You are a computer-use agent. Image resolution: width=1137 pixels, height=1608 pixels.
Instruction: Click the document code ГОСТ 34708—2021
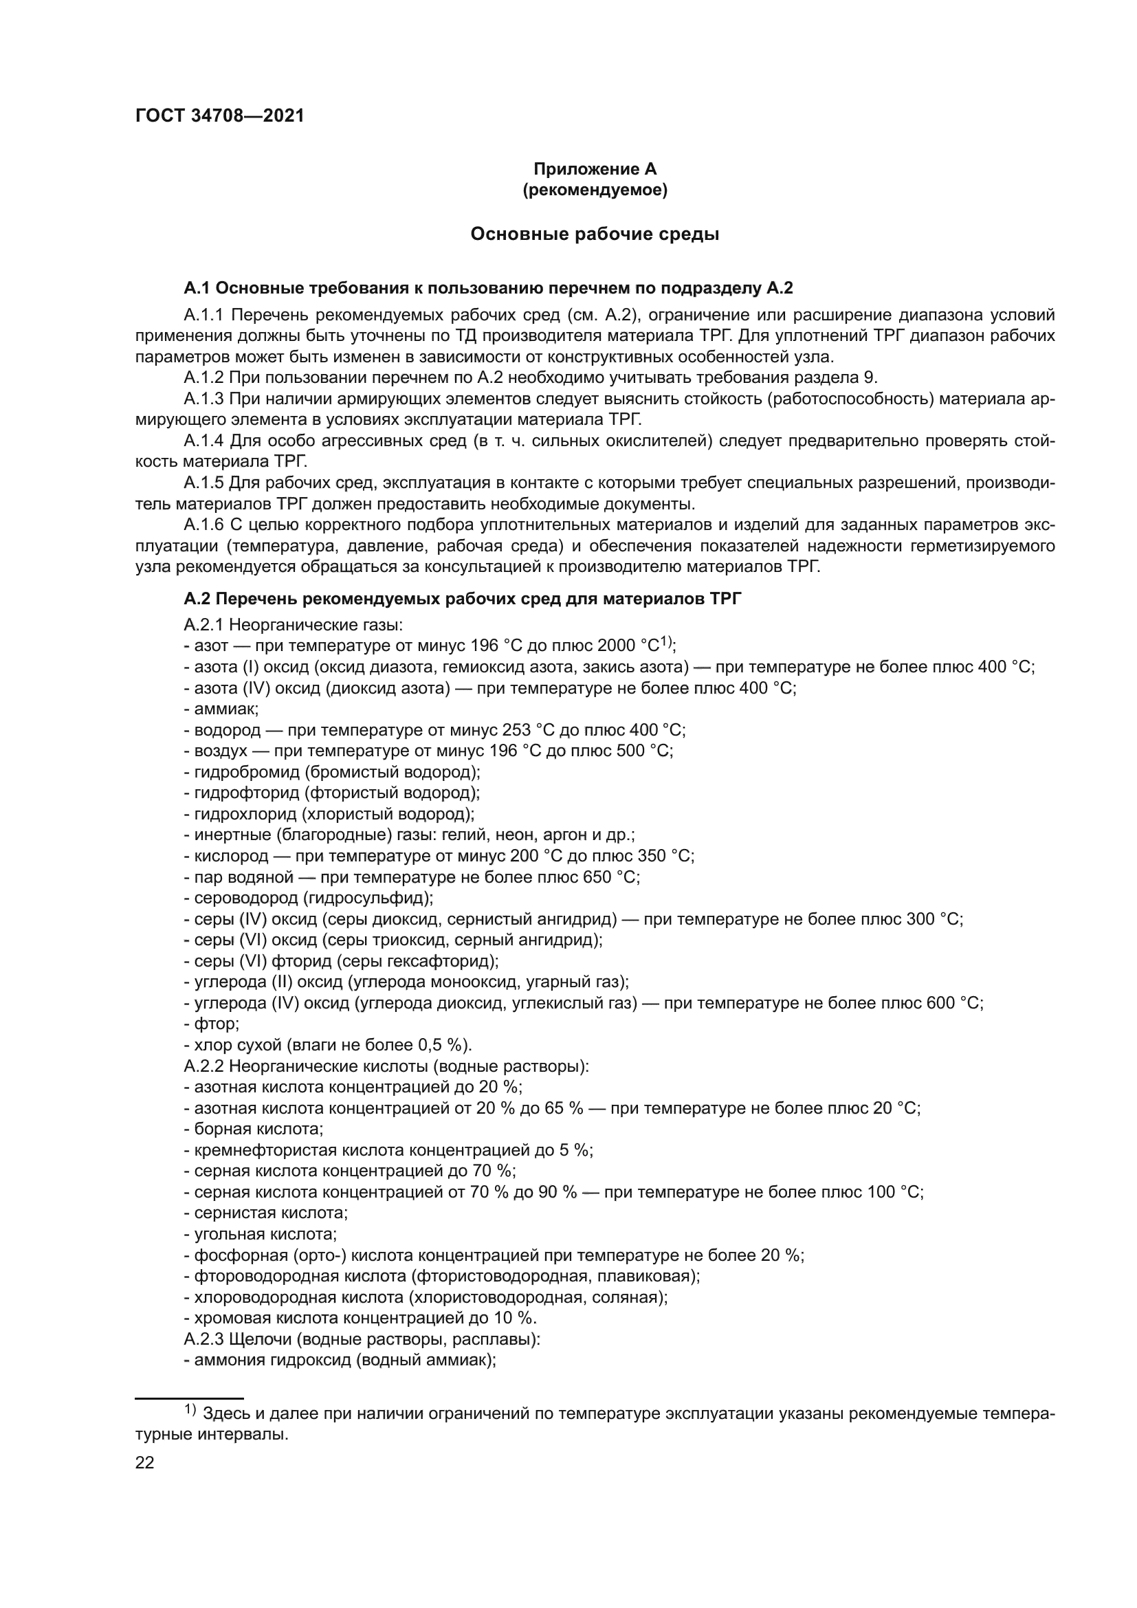[220, 116]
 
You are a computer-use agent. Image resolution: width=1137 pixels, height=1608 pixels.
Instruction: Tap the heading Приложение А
[595, 169]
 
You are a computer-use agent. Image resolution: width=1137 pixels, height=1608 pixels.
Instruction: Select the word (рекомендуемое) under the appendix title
[595, 190]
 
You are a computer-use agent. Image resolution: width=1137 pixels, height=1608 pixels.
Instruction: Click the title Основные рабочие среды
[595, 234]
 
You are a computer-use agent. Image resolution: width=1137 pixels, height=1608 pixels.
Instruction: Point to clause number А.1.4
[203, 441]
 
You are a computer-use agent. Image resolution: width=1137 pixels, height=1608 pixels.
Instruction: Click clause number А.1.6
[203, 525]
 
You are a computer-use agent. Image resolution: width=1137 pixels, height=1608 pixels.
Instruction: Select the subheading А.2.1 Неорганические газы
[293, 624]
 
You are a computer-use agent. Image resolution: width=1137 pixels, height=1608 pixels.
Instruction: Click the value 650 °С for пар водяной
[608, 877]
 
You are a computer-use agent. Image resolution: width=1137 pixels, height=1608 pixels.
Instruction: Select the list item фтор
[216, 1024]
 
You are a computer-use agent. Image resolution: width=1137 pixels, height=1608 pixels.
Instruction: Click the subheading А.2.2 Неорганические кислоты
[386, 1066]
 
